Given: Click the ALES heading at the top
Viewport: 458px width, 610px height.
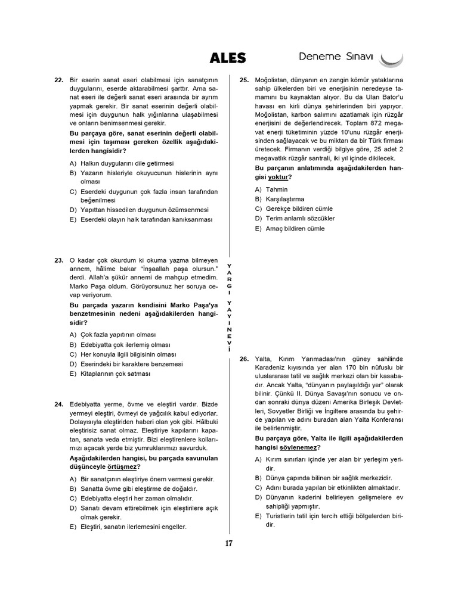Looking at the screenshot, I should (227, 58).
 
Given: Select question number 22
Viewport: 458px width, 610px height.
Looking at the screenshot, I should (58, 80).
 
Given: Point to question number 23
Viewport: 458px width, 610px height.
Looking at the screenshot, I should (58, 260).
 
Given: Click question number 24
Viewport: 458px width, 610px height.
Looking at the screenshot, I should (58, 404).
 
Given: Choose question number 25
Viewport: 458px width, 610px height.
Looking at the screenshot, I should (244, 80).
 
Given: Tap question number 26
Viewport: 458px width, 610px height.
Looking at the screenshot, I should (244, 359).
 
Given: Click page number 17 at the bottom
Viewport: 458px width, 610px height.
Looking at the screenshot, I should (228, 543).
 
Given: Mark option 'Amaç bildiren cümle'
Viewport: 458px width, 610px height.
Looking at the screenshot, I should (290, 228).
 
